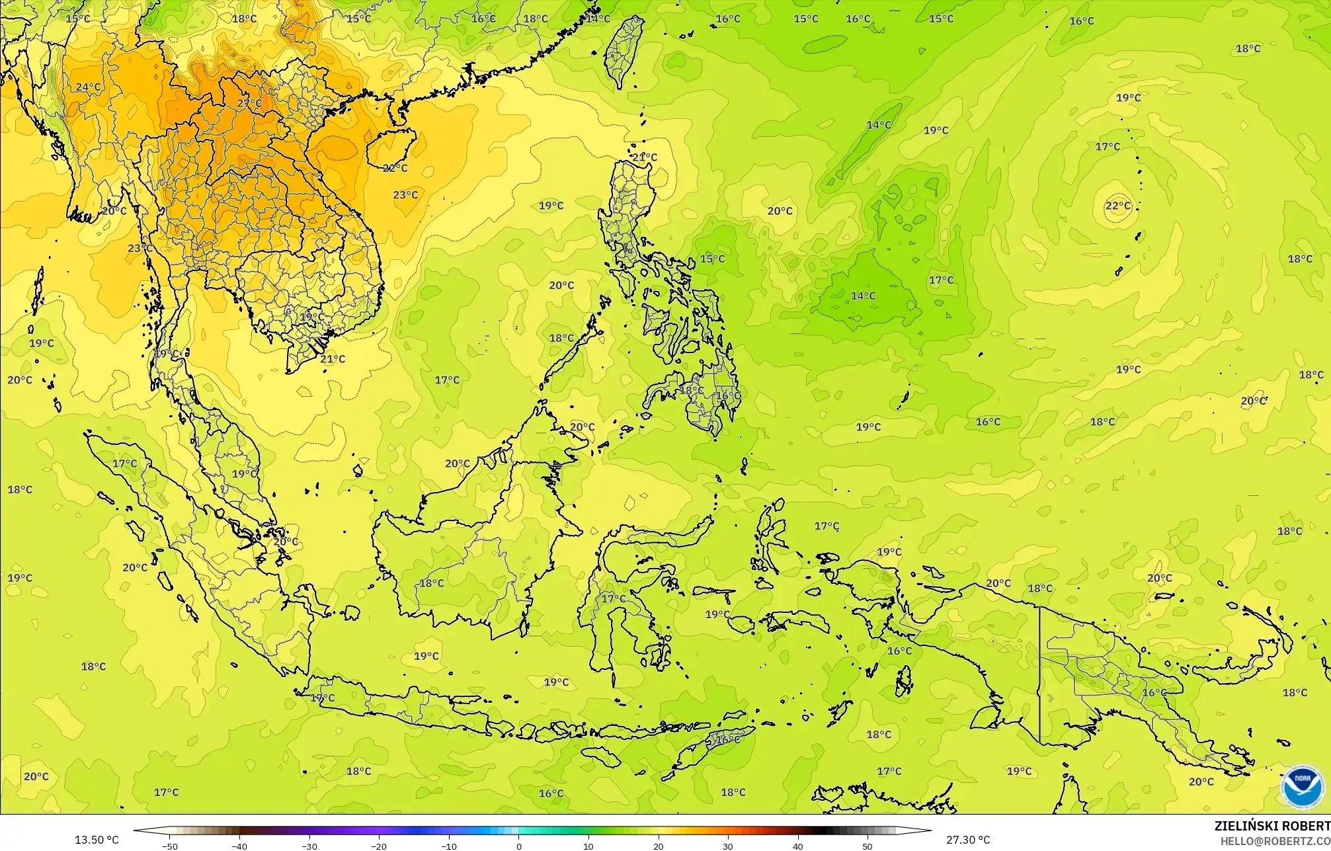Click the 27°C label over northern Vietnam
point(249,104)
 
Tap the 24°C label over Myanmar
point(88,87)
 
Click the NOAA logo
point(1302,787)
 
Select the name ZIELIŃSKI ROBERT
point(1271,827)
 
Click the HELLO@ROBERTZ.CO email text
point(1275,841)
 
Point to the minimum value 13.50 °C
point(97,840)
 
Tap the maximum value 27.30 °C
point(968,840)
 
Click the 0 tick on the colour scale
point(518,846)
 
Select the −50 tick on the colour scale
point(170,846)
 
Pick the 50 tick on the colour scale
point(867,846)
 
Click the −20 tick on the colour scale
point(379,846)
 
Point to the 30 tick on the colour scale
point(728,846)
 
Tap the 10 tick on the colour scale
point(588,846)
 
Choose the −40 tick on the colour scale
point(239,846)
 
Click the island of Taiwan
point(624,52)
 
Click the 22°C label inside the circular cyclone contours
point(1117,206)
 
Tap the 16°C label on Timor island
point(728,739)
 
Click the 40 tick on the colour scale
point(798,846)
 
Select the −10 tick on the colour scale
point(449,846)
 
